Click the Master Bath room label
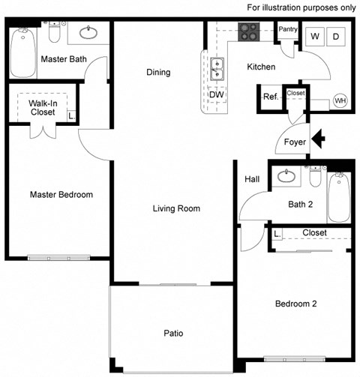tap(61, 59)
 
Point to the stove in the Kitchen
tap(248, 32)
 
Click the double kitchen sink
tap(217, 69)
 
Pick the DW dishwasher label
tap(216, 94)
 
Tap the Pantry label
tap(288, 30)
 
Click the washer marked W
tap(314, 36)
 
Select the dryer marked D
tap(335, 36)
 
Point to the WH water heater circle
tap(340, 101)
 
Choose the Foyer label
tap(295, 142)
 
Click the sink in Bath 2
tap(286, 177)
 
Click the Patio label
tap(173, 334)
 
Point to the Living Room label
tap(176, 208)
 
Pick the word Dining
tap(157, 73)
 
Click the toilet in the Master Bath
tap(54, 34)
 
